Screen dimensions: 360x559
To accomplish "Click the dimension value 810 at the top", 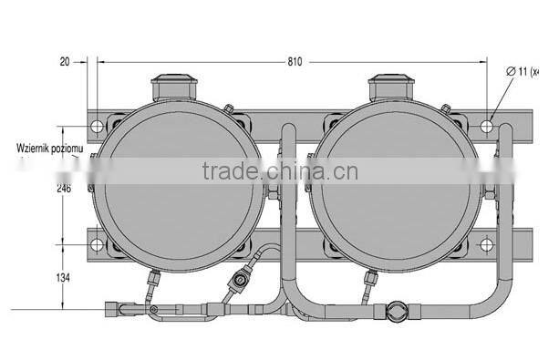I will coord(295,63).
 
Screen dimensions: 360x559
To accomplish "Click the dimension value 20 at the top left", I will coord(63,63).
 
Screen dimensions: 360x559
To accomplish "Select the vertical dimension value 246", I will coord(62,189).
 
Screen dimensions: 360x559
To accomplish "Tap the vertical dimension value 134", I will coord(62,277).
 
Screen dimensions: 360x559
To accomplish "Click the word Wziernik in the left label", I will coord(35,147).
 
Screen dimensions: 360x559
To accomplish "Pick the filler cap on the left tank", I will coord(172,88).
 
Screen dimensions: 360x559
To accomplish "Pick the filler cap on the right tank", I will coord(391,88).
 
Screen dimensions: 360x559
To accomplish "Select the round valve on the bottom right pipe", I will coord(398,311).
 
